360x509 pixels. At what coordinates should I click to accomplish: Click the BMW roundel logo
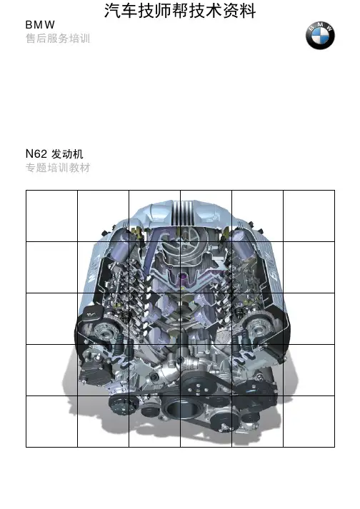click(320, 36)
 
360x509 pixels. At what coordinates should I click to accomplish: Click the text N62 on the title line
click(36, 153)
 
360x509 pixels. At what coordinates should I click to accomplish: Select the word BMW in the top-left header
click(40, 25)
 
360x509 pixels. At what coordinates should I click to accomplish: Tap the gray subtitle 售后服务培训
click(58, 39)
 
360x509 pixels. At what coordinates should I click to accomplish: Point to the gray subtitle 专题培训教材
click(58, 168)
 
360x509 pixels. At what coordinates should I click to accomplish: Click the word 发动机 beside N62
click(67, 154)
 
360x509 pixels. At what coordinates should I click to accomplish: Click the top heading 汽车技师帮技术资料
click(180, 11)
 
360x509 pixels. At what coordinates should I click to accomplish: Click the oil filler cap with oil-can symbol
click(92, 313)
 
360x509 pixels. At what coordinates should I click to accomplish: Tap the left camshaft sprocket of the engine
click(104, 332)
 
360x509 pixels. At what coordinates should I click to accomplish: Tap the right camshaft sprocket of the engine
click(258, 330)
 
